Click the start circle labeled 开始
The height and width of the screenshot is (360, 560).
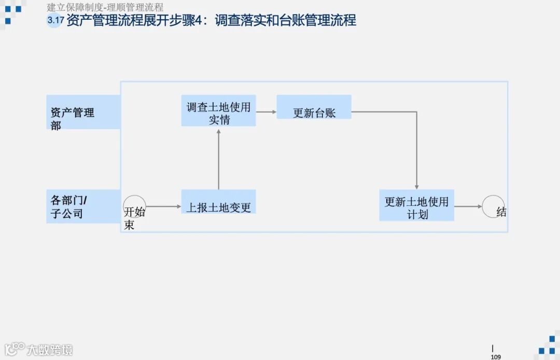[134, 206]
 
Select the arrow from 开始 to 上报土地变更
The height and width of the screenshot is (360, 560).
[163, 206]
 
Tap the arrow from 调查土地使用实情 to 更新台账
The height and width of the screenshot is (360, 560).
[266, 112]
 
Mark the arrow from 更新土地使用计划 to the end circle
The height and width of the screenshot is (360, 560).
[468, 206]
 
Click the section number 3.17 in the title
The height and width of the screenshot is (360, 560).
[55, 21]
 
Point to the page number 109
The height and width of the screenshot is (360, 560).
[496, 356]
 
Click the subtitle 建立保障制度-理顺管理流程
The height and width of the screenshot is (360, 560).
[105, 7]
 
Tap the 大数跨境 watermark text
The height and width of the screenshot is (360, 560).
[50, 350]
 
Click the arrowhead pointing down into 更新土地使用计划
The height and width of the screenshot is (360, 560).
[416, 187]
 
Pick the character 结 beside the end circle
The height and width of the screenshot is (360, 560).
[501, 212]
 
